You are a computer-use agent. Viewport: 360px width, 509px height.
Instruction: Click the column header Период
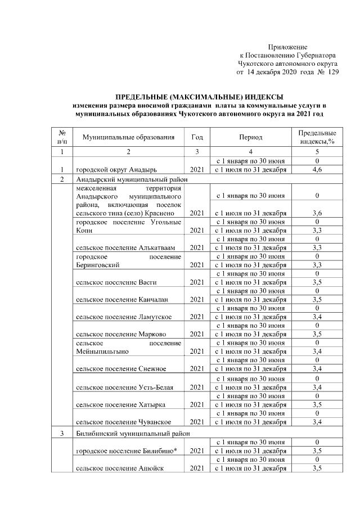tap(250, 138)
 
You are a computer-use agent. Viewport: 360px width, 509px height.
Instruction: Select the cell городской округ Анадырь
tap(116, 169)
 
